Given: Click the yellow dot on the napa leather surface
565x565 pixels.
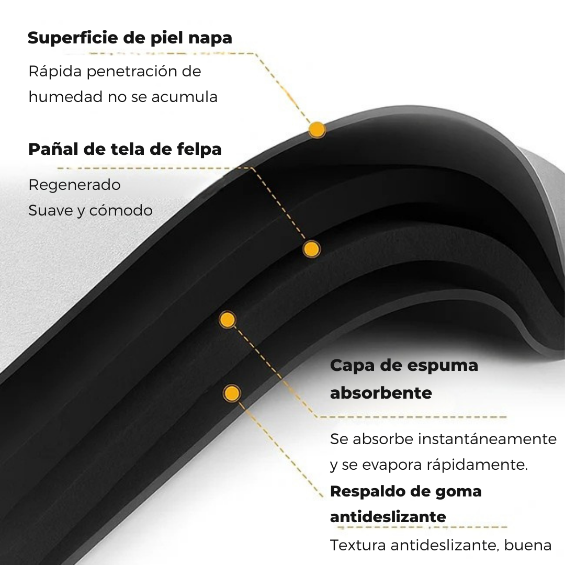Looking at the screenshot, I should tap(317, 129).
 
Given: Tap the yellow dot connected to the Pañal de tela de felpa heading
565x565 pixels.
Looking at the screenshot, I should tap(311, 249).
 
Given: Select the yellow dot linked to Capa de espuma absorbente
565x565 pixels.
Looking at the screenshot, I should tap(227, 320).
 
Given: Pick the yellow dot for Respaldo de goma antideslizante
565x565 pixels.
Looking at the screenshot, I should tap(232, 393).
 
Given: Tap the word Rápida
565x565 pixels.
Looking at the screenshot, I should tap(54, 71).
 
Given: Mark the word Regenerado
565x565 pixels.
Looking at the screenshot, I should tap(74, 185).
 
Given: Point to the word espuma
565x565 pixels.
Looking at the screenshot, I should tap(443, 366).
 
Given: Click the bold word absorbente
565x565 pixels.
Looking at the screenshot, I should tap(381, 393).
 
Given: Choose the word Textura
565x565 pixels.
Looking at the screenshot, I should tap(358, 545).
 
